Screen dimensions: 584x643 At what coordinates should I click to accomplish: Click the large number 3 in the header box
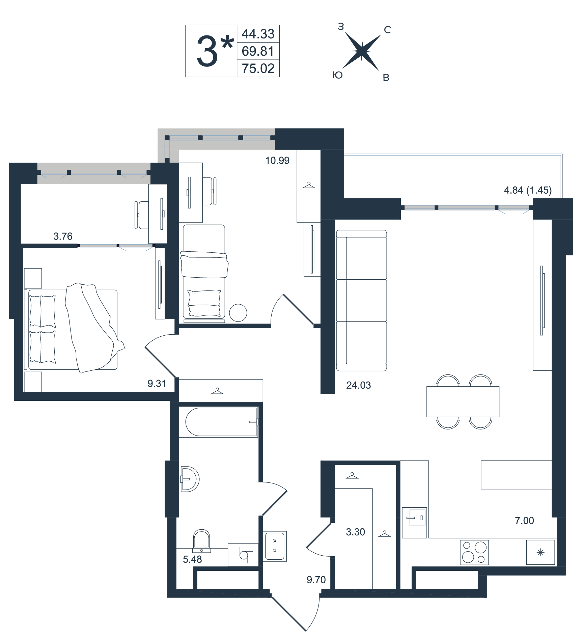pos(207,51)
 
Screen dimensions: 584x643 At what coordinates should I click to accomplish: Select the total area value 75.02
pos(258,68)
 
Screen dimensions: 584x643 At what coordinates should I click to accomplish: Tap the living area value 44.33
pos(258,34)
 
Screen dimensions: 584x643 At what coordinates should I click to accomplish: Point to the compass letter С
pos(387,30)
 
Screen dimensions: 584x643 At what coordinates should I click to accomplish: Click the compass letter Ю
pos(338,75)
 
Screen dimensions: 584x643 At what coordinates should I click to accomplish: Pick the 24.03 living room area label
pos(358,385)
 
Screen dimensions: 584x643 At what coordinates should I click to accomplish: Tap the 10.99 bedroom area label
pos(277,161)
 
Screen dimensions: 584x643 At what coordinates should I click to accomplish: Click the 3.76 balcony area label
pos(63,236)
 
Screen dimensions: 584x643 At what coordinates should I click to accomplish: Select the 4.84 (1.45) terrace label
pos(528,190)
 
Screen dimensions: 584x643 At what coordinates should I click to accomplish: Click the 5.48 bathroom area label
pos(192,559)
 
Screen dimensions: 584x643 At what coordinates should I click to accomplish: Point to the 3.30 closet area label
pos(355,532)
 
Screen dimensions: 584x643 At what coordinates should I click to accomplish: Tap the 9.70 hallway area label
pos(316,580)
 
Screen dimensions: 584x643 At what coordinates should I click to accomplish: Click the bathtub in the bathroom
pos(221,422)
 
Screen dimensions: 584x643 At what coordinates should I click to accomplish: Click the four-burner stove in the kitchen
pos(474,552)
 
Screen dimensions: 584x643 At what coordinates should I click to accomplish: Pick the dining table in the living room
pos(463,401)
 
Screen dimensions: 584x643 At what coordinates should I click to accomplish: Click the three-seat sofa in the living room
pos(361,300)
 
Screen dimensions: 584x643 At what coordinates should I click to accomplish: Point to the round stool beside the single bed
pos(238,313)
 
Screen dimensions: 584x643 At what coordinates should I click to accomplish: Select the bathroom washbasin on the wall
pos(190,479)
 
